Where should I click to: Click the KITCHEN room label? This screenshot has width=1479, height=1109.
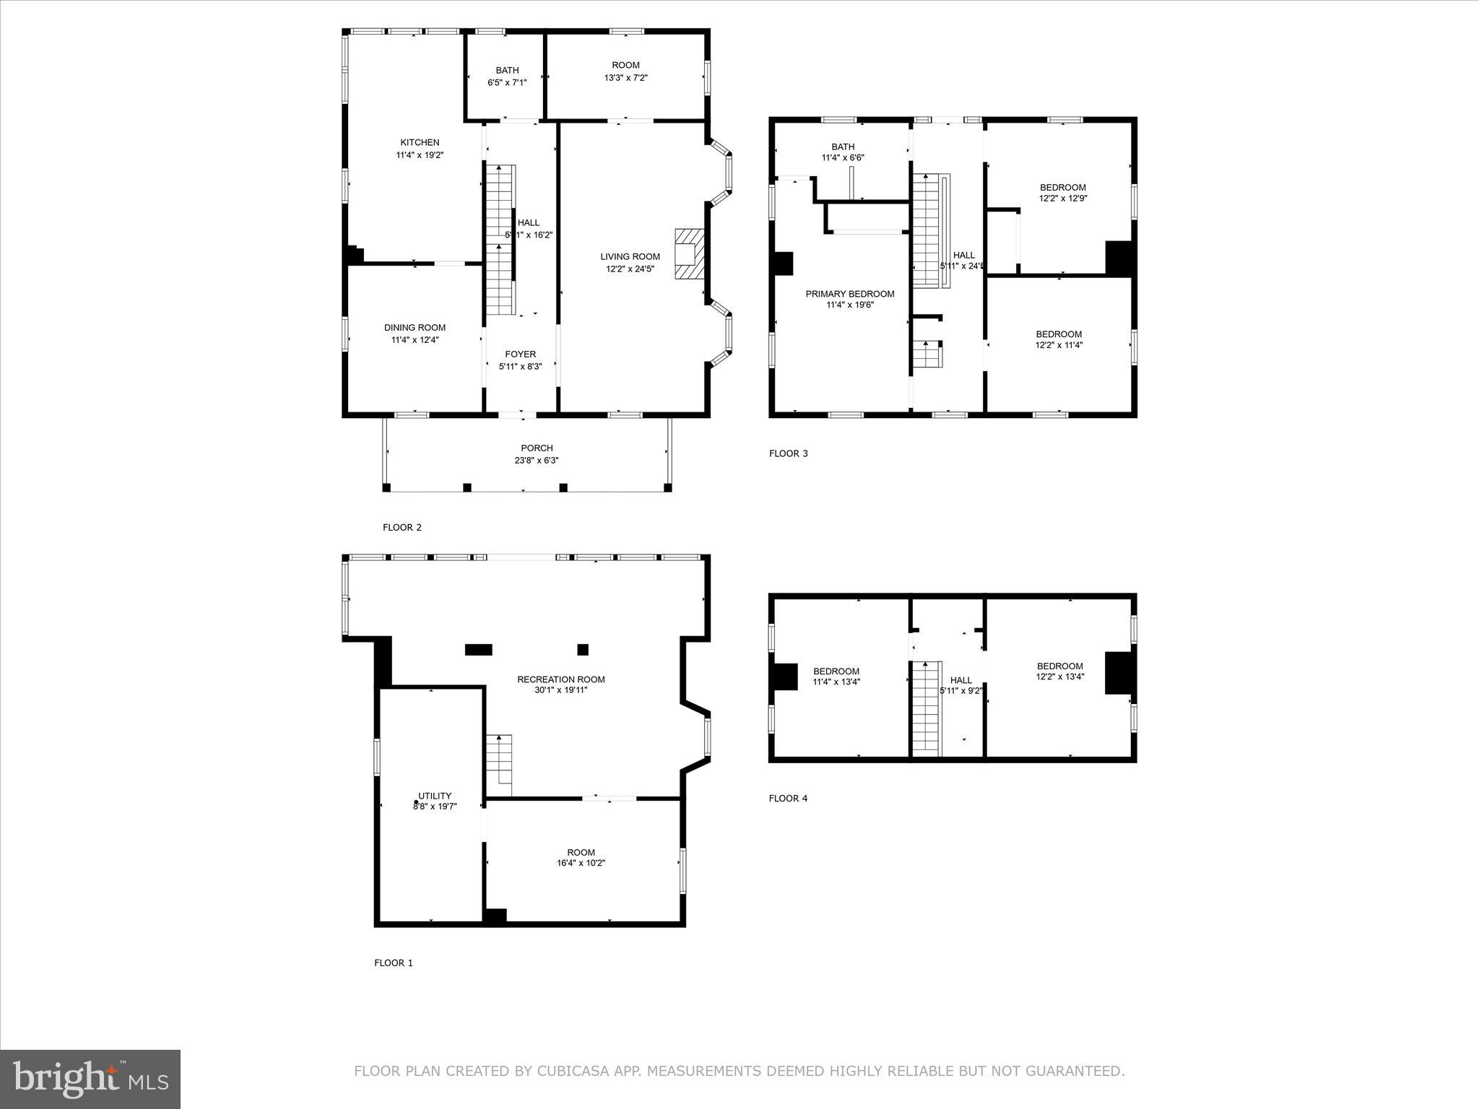point(420,142)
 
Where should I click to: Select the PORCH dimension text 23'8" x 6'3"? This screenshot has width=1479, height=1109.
point(537,460)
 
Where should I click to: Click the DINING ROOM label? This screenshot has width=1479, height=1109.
point(415,328)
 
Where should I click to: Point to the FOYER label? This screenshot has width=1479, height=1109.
point(520,355)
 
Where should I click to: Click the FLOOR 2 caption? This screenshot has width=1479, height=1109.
point(402,527)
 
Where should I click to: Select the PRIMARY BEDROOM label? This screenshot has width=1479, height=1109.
point(850,294)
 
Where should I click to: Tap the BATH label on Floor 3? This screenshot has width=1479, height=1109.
point(843,147)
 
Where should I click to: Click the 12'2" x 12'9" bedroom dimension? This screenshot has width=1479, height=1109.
point(1062,198)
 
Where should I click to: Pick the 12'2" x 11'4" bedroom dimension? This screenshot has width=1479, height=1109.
point(1059,345)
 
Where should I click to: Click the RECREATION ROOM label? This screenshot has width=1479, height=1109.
point(560,679)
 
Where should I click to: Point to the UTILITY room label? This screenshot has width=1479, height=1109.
point(435,796)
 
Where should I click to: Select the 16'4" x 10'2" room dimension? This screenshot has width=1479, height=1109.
point(581,863)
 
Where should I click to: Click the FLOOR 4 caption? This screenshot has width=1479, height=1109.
point(788,798)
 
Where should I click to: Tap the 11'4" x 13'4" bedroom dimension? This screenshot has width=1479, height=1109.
point(836,682)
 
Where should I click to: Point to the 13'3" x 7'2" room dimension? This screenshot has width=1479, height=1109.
point(625,77)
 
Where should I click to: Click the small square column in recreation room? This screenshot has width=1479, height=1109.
point(583,650)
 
